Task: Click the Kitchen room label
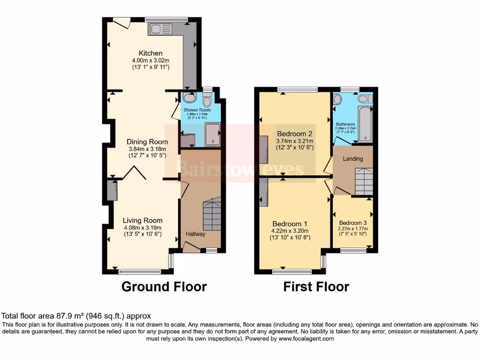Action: click(x=150, y=53)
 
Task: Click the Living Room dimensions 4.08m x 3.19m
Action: click(x=142, y=227)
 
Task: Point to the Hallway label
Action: click(x=195, y=234)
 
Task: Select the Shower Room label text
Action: click(x=196, y=110)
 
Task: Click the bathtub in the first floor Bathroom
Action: click(x=364, y=124)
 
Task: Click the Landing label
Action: click(x=352, y=158)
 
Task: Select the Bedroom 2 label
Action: click(x=294, y=133)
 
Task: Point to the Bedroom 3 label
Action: click(x=353, y=223)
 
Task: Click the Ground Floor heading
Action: click(x=164, y=286)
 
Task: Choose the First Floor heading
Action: click(x=316, y=286)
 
